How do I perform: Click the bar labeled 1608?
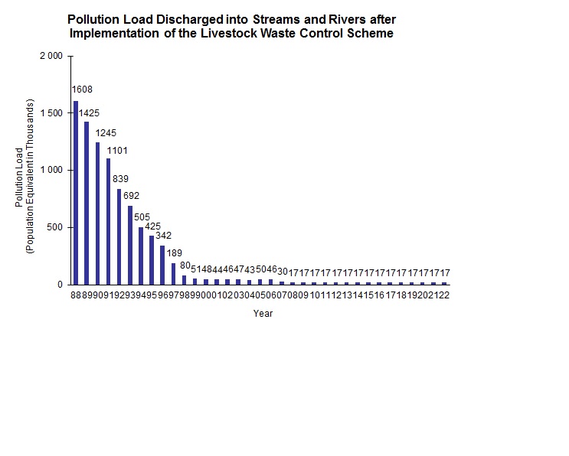[x=75, y=192]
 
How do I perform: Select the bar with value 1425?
[x=87, y=203]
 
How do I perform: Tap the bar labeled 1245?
[x=97, y=213]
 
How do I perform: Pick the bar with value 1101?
[x=108, y=221]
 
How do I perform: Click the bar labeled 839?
[x=119, y=236]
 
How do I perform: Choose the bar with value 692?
[x=129, y=245]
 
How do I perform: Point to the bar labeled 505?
[x=140, y=256]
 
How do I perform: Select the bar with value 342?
[x=162, y=265]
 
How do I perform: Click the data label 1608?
[x=82, y=90]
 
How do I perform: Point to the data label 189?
[x=175, y=252]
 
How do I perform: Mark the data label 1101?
[x=117, y=150]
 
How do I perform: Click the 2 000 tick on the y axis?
[x=52, y=56]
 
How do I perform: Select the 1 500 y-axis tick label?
[x=52, y=113]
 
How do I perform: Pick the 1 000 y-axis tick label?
[x=52, y=170]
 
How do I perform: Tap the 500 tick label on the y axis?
[x=55, y=227]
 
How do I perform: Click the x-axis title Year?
[x=263, y=313]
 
